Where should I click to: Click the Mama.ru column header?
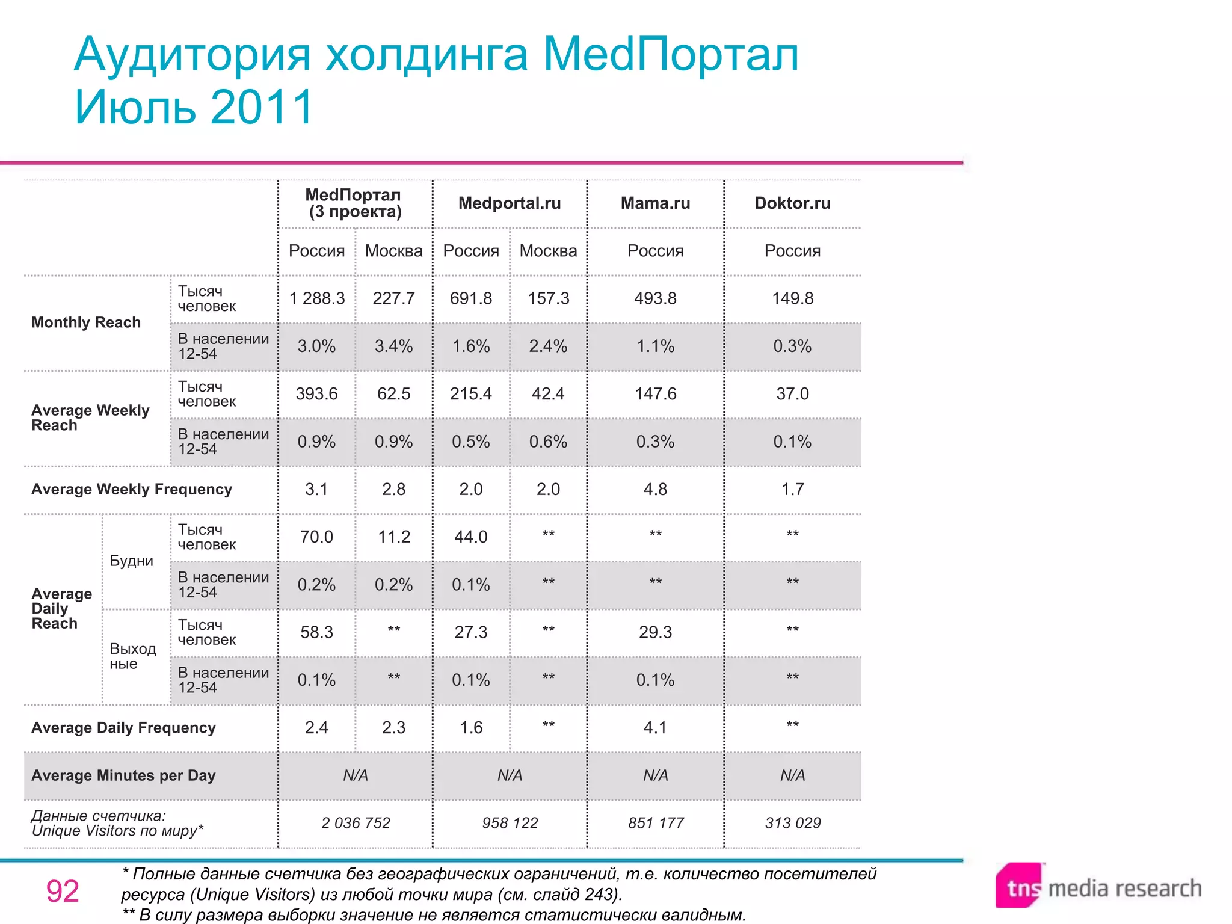(655, 203)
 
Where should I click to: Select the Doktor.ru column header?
(792, 203)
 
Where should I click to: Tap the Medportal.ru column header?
(510, 203)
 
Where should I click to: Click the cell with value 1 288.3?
(317, 298)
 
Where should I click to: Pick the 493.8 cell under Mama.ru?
(655, 298)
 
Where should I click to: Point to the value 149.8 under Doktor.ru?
(792, 298)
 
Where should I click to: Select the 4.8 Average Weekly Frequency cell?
(655, 489)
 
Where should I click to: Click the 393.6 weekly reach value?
(317, 394)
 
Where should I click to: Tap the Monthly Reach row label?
(86, 322)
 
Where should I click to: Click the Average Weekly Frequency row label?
(132, 489)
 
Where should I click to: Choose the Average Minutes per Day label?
(123, 775)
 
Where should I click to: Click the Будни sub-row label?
(132, 561)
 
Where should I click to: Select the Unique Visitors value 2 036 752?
(356, 823)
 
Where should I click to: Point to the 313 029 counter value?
(792, 823)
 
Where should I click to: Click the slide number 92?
(63, 891)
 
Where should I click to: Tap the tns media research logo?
(1098, 887)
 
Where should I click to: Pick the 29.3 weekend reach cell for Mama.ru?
(655, 632)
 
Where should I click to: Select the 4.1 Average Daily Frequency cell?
(655, 728)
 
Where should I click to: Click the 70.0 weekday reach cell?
(317, 537)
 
